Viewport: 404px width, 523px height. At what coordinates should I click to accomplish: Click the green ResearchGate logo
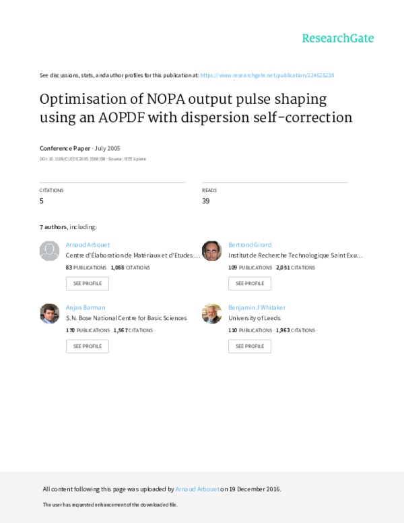pos(337,38)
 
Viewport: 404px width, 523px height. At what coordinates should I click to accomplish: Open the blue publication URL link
pos(267,75)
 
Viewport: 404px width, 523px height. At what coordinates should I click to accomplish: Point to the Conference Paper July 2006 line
pos(80,148)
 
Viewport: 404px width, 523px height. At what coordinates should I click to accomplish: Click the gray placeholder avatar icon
pos(50,251)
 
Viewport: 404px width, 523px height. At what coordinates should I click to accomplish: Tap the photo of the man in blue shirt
pos(50,313)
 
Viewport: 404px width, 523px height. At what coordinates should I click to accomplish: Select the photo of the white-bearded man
pos(211,313)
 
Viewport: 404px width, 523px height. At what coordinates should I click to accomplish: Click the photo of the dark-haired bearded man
pos(211,251)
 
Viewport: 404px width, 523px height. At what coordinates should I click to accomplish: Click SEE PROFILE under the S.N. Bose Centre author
pos(87,346)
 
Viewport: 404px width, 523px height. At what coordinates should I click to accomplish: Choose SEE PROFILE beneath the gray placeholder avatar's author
pos(87,284)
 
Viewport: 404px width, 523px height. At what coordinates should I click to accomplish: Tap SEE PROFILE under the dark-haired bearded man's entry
pos(250,284)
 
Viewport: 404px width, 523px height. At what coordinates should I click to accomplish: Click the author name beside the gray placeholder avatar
pos(88,245)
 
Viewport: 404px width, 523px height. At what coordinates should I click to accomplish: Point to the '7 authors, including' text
pos(68,227)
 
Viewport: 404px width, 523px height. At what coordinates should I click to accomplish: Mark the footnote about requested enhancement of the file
pos(110,505)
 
